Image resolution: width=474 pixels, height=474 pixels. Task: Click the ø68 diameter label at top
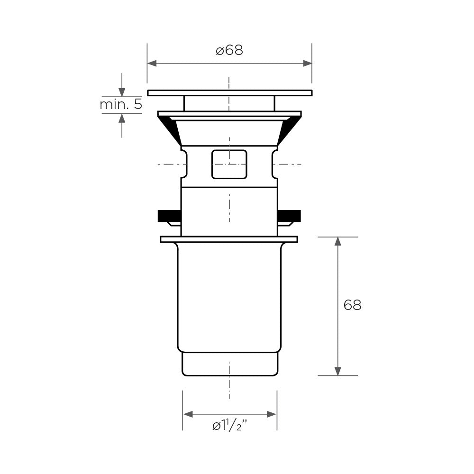(x=229, y=50)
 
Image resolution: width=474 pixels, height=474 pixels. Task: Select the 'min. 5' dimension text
(x=121, y=105)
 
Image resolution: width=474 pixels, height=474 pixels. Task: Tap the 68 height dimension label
(x=353, y=305)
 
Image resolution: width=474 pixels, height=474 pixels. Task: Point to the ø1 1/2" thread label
(x=230, y=426)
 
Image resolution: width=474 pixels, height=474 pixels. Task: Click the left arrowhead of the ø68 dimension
(x=152, y=64)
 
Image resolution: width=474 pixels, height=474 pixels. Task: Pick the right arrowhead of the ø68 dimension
(x=308, y=64)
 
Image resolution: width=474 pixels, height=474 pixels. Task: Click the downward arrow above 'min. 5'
(x=122, y=85)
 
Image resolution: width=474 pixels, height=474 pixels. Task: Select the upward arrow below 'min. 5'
(x=122, y=126)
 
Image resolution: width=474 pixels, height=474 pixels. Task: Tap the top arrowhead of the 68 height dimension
(x=338, y=242)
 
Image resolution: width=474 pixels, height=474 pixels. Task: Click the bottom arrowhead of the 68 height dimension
(x=338, y=371)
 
